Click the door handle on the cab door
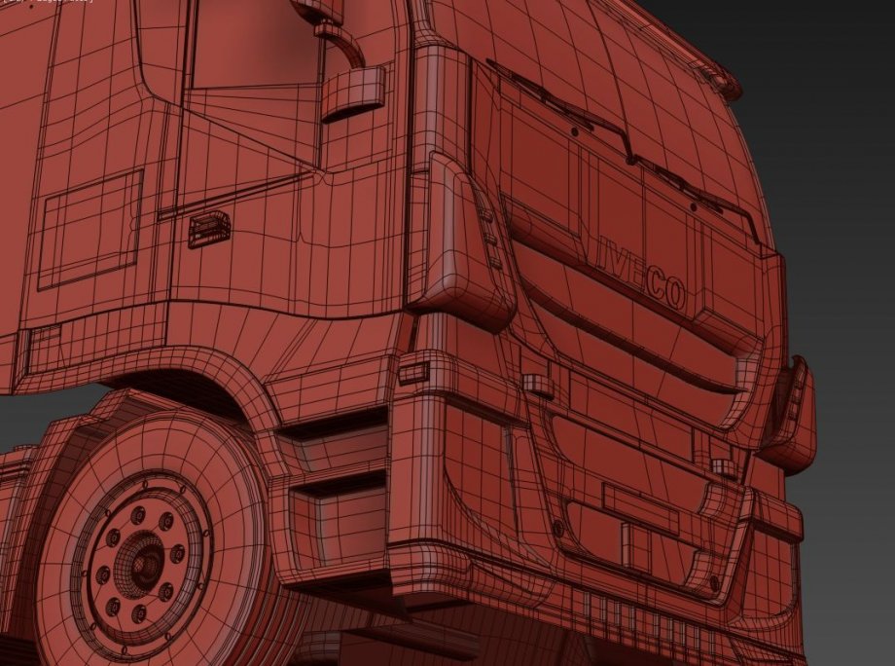point(209,229)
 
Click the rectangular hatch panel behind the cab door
point(89,230)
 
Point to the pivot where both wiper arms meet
point(633,157)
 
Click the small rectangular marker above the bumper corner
point(413,371)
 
